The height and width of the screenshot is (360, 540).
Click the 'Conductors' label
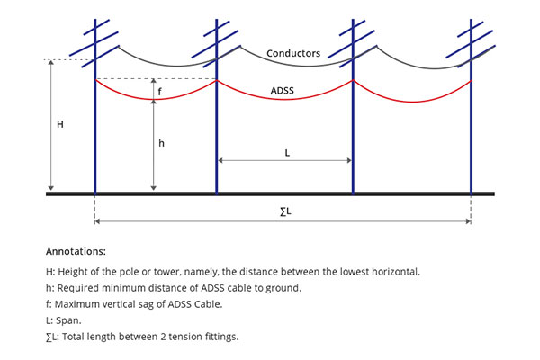293,53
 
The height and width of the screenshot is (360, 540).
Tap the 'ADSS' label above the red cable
283,91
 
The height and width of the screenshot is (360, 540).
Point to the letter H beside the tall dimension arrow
60,124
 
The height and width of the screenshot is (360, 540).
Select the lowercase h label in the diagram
161,143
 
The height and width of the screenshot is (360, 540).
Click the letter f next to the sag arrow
159,92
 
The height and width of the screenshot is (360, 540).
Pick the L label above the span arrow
287,153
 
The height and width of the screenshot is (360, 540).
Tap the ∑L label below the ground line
285,211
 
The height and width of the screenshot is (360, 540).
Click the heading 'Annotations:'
76,251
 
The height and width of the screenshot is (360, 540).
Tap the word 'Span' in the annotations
68,320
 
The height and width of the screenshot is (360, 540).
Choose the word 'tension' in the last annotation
184,337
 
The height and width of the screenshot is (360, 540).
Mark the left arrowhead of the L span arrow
220,160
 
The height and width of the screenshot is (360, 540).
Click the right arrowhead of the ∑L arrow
468,221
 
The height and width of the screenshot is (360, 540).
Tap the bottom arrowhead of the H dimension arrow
51,188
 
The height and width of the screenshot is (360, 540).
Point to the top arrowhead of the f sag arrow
154,81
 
